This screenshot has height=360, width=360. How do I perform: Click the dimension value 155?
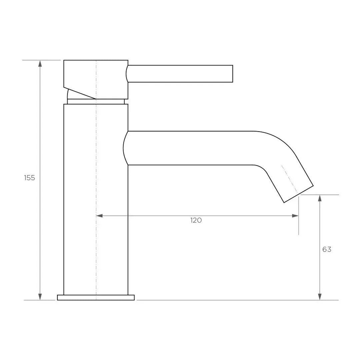pos(29,178)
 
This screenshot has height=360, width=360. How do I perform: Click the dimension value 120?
pos(196,220)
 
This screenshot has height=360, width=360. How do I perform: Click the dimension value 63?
pos(327,249)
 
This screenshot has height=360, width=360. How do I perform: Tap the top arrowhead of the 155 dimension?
pos(40,64)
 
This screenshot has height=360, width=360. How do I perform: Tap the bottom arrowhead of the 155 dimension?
pos(40,296)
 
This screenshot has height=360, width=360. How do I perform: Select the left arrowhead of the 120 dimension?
pos(100,216)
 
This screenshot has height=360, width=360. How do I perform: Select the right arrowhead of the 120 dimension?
pos(295,216)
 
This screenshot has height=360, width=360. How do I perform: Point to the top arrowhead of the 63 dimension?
pos(320,198)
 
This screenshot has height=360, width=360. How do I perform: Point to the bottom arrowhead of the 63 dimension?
pos(320,296)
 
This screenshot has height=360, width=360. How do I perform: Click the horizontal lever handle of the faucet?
pos(180,74)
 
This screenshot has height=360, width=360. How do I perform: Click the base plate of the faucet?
pos(96,297)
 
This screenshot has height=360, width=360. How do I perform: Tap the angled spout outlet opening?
pos(298,194)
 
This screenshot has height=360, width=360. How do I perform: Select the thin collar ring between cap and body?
pos(96,101)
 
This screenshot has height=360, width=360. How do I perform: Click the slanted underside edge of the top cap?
pos(80,93)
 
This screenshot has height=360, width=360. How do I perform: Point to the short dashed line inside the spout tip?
pos(289,179)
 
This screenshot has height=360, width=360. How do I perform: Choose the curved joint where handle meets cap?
pos(127,74)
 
